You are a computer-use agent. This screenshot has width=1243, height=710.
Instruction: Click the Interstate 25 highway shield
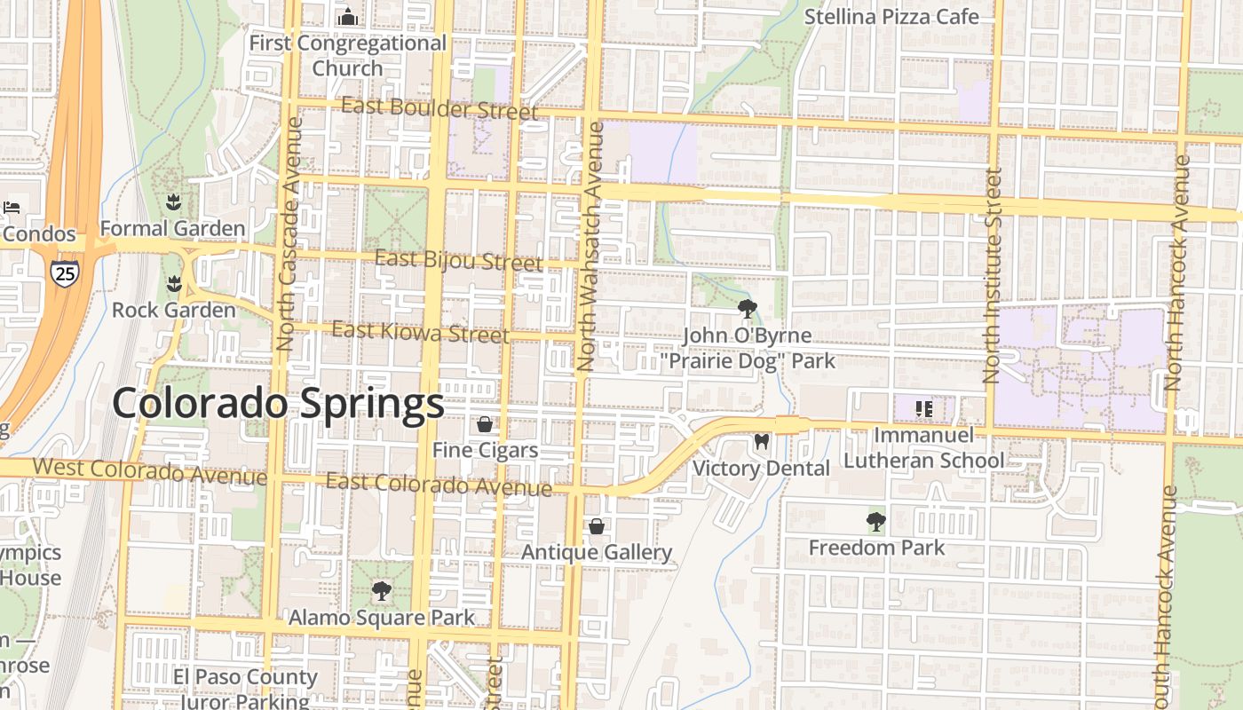pos(65,272)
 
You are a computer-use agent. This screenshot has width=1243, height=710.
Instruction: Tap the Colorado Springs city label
pos(278,404)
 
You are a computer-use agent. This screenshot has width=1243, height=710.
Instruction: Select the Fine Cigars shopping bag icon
pos(485,424)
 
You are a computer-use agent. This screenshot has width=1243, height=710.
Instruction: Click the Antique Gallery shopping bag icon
pos(597,526)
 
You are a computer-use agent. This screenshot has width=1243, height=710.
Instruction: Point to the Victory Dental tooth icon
pos(761,441)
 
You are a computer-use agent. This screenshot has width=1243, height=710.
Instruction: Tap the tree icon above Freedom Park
pos(876,521)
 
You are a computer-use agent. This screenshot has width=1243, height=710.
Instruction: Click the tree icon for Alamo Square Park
pos(382,590)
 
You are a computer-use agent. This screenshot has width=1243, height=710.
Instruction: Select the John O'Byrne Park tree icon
pos(748,309)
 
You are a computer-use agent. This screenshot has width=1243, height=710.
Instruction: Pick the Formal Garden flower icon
pos(173,202)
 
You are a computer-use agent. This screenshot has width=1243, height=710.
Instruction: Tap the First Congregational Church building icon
pos(348,17)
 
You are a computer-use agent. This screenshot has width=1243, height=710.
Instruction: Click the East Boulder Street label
pos(439,109)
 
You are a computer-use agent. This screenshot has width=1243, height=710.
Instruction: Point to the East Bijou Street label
pos(458,261)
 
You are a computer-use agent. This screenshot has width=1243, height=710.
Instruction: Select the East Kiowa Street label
pos(420,333)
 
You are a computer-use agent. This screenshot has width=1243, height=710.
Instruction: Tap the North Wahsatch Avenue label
pos(590,246)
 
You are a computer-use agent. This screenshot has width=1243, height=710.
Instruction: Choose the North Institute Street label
pos(993,275)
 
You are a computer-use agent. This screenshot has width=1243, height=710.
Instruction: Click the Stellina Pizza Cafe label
pos(891,17)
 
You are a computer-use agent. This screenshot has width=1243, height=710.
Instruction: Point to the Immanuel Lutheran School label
pos(924,447)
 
